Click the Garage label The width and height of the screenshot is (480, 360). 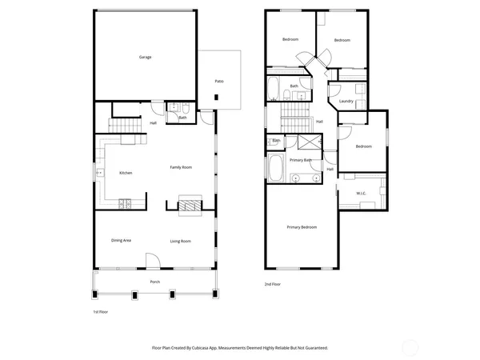[x=145, y=58]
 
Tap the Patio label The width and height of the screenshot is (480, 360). [x=218, y=82]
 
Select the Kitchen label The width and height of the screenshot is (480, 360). [x=126, y=173]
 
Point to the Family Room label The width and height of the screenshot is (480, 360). [x=181, y=167]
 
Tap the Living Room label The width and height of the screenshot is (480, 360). [x=180, y=241]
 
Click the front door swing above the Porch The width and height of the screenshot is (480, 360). [x=153, y=261]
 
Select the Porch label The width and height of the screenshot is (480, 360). [x=155, y=282]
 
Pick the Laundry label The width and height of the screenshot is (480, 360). [x=346, y=102]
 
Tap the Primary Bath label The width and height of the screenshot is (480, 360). [x=301, y=160]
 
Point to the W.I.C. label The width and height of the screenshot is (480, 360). [x=361, y=194]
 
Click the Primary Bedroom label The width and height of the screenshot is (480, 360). [x=302, y=227]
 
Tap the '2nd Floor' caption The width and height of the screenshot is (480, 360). [x=273, y=284]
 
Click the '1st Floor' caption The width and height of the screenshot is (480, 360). [x=102, y=311]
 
